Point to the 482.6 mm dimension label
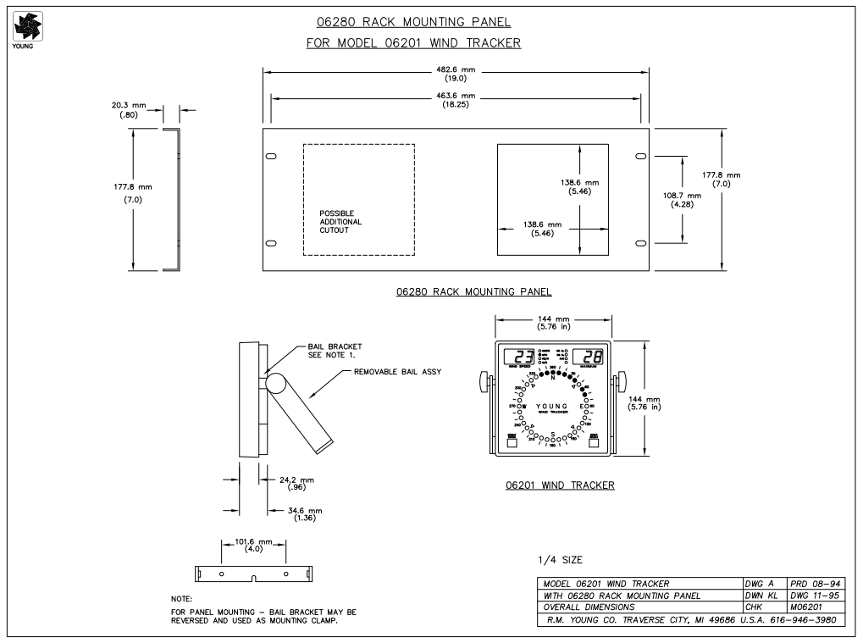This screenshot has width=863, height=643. [456, 74]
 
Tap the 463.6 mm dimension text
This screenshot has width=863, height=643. [456, 100]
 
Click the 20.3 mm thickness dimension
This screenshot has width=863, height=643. [128, 110]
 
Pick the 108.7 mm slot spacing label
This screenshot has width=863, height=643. [682, 200]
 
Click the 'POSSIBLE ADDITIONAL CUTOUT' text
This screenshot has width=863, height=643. [340, 221]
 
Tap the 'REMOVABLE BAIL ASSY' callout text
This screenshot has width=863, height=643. [398, 372]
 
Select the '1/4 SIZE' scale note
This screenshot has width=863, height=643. [561, 561]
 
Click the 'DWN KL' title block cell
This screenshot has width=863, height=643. [760, 595]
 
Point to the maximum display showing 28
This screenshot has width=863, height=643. [592, 357]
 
